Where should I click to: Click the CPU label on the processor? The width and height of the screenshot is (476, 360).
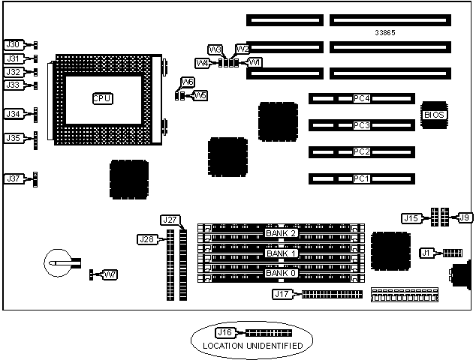pyautogui.click(x=103, y=98)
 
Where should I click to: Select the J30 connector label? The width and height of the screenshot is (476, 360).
pyautogui.click(x=14, y=45)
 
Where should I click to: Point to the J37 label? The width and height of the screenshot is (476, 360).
pyautogui.click(x=14, y=178)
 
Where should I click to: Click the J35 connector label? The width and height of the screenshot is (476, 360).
pyautogui.click(x=14, y=138)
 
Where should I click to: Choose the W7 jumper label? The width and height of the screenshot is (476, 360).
pyautogui.click(x=110, y=274)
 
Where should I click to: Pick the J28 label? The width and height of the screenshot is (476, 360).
pyautogui.click(x=146, y=239)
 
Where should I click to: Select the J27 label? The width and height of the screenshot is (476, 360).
pyautogui.click(x=170, y=220)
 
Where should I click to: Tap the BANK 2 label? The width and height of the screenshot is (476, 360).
pyautogui.click(x=282, y=233)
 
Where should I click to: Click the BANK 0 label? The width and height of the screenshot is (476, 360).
pyautogui.click(x=282, y=273)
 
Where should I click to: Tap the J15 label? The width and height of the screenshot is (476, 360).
pyautogui.click(x=411, y=218)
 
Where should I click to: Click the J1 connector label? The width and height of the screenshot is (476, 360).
pyautogui.click(x=426, y=253)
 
